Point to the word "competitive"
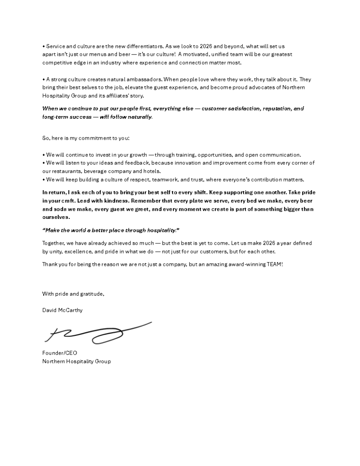coord(58,63)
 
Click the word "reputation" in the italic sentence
coord(271,109)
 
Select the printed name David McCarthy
coord(62,310)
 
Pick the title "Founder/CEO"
coord(56,353)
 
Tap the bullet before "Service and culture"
coord(43,46)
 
